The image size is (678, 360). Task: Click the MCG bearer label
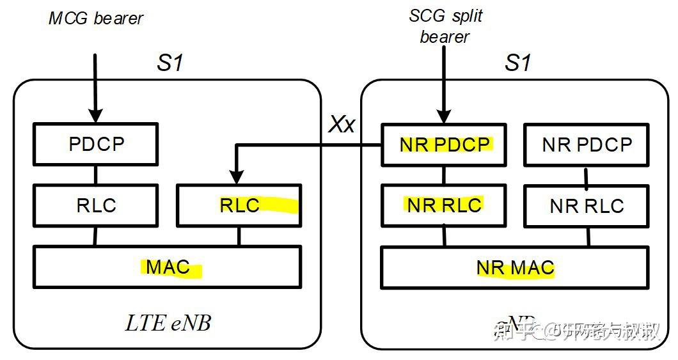click(96, 18)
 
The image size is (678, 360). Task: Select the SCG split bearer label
click(445, 26)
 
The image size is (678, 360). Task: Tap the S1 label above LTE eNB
click(169, 63)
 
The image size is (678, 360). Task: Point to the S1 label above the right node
click(517, 63)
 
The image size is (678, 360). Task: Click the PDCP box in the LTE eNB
click(95, 145)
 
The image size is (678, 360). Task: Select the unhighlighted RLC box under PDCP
click(95, 205)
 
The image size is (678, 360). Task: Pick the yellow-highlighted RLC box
click(239, 205)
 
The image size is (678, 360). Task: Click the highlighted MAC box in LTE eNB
click(168, 266)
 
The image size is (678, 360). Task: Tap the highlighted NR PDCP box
click(445, 145)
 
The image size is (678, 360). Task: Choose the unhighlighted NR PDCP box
click(587, 145)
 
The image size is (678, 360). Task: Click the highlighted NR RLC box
click(445, 205)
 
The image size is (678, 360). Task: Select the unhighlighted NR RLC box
click(587, 206)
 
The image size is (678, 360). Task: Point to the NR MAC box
click(515, 267)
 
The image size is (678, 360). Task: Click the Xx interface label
click(342, 124)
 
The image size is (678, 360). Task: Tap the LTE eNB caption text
click(168, 324)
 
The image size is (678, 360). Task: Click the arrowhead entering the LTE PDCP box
click(95, 116)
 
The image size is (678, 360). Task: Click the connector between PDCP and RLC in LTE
click(95, 175)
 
